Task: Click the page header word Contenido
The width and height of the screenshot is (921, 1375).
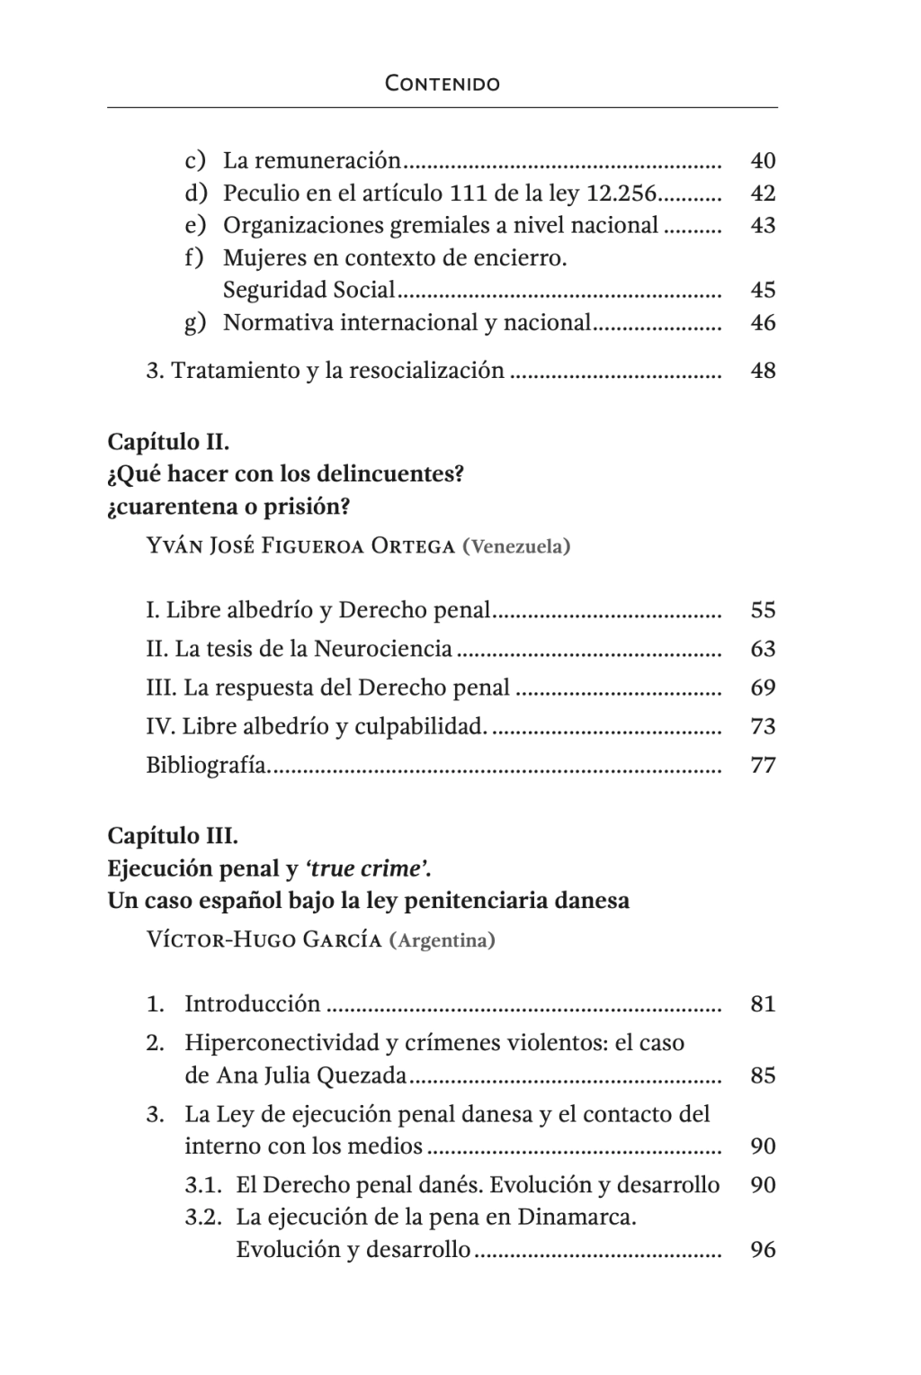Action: [443, 84]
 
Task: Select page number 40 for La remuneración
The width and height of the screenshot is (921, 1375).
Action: [763, 161]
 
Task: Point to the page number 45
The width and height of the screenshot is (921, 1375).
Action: [763, 290]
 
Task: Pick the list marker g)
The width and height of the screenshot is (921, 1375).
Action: [195, 322]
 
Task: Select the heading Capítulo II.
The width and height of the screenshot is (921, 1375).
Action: [168, 442]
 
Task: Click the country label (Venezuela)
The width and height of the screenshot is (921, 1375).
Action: [515, 546]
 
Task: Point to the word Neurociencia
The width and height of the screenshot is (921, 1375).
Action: [382, 649]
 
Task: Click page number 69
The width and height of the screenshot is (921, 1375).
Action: [763, 688]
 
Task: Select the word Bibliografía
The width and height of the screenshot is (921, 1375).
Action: [208, 766]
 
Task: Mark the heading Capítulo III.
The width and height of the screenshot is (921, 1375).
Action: [173, 836]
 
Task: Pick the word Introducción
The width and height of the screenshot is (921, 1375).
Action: [253, 1004]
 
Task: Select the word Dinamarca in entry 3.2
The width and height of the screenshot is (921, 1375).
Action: [576, 1218]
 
